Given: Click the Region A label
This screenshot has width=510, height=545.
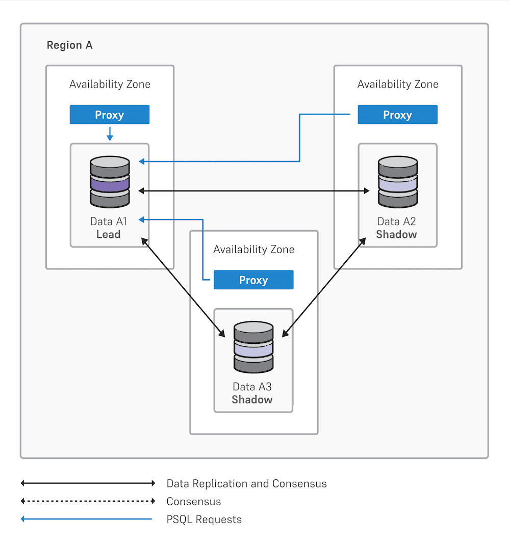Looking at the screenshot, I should (x=69, y=45).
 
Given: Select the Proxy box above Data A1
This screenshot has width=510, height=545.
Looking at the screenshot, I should (x=109, y=115).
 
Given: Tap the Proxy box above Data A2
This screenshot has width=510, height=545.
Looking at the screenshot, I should (x=397, y=115).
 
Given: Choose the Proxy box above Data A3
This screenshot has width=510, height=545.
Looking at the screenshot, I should (x=253, y=280).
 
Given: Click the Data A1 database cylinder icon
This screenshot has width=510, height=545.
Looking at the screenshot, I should (x=110, y=182).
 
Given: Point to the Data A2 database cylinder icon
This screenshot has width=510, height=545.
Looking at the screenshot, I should (x=397, y=182).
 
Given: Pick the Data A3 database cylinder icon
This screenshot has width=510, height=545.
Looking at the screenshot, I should (x=253, y=347).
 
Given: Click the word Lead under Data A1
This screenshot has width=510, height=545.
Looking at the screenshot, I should (x=109, y=234).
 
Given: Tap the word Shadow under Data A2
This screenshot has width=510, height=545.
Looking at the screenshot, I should (x=396, y=234).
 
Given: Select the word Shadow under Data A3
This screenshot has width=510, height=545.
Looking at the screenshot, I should (x=252, y=399).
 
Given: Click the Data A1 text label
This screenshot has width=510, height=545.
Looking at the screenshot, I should (x=109, y=222).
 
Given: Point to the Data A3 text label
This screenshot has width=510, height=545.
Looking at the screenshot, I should (x=252, y=387).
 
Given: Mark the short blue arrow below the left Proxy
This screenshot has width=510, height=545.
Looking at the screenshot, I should (x=110, y=134).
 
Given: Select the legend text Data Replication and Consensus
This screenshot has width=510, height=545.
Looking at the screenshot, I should (x=246, y=483).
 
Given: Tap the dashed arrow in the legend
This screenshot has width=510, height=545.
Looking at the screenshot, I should (x=87, y=501).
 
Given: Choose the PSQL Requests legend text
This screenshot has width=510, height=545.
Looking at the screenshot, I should (x=204, y=520).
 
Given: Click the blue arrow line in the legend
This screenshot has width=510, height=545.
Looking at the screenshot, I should (x=87, y=520).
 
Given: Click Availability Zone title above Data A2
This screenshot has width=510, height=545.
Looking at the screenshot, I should (x=398, y=84).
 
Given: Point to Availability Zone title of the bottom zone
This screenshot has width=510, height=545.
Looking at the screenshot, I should (x=253, y=250).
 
